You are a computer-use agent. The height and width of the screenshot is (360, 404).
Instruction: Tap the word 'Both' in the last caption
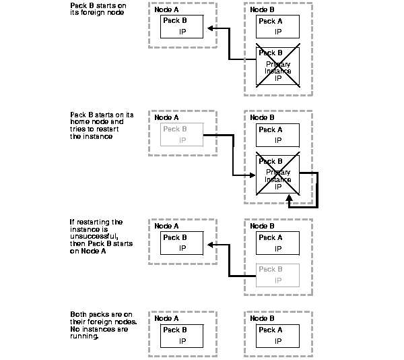pyautogui.click(x=79, y=315)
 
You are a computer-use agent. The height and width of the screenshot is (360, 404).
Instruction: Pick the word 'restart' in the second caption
pyautogui.click(x=119, y=129)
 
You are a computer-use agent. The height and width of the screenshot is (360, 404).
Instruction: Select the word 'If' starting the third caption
pyautogui.click(x=72, y=222)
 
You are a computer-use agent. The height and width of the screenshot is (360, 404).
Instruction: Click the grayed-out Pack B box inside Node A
pyautogui.click(x=182, y=135)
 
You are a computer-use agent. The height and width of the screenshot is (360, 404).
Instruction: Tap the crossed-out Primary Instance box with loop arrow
pyautogui.click(x=278, y=176)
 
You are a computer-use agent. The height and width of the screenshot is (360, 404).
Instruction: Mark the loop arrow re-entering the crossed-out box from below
pyautogui.click(x=289, y=200)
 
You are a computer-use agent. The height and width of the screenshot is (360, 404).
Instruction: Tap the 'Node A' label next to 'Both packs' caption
pyautogui.click(x=166, y=318)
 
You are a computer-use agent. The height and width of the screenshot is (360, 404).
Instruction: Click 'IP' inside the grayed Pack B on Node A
pyautogui.click(x=182, y=140)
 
